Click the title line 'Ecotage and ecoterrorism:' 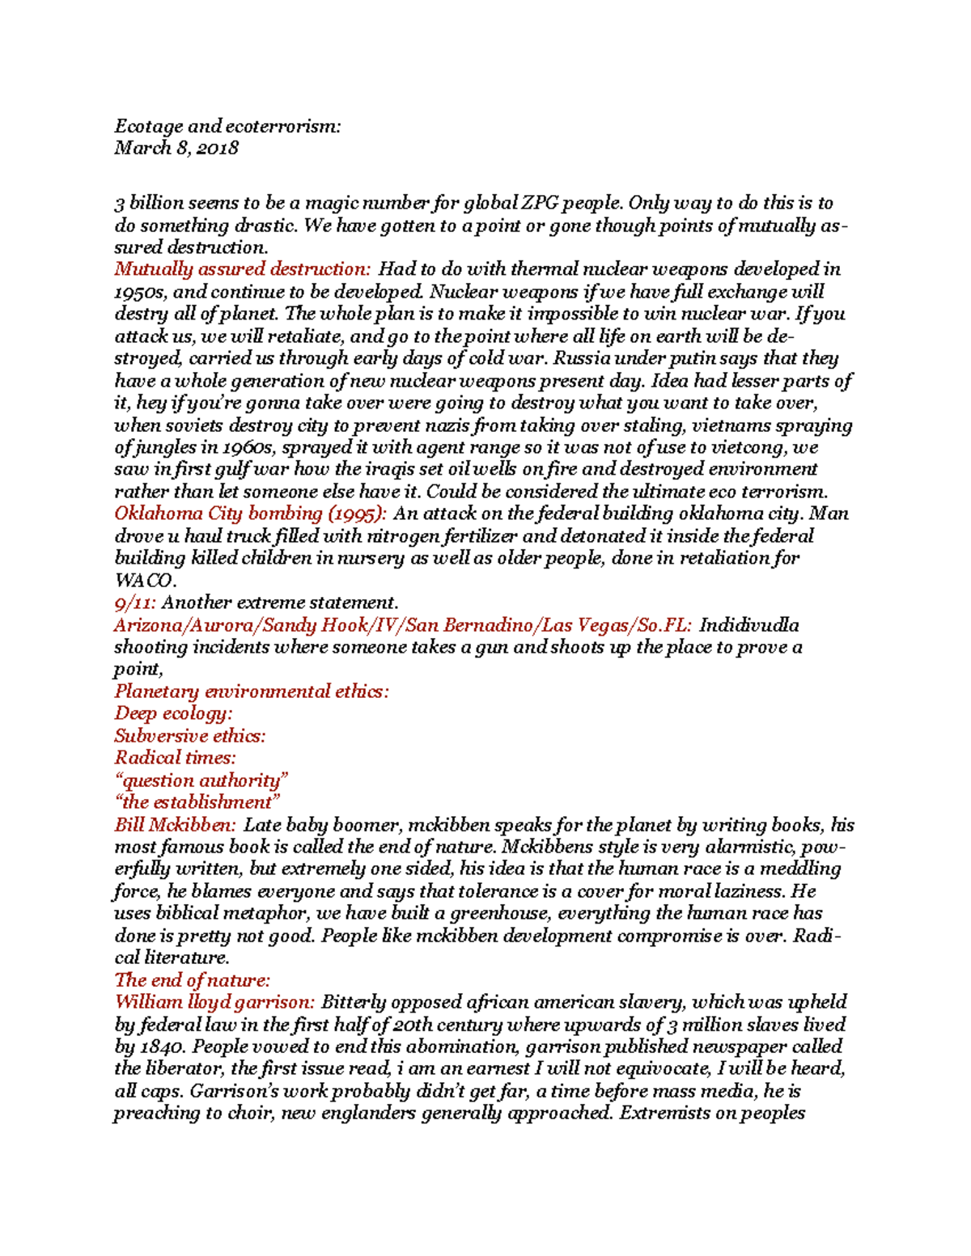pos(227,126)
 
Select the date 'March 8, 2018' pos(176,148)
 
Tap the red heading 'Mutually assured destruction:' pos(242,269)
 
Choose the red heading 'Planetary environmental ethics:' pos(251,691)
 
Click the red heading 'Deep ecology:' pos(173,713)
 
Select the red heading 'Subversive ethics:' pos(189,736)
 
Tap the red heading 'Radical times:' pos(175,758)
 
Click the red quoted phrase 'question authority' pos(201,780)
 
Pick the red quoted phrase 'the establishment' pos(197,802)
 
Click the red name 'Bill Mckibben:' pos(175,825)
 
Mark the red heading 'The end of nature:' pos(192,980)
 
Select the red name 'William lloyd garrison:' pos(214,1003)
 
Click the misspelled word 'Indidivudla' pos(748,625)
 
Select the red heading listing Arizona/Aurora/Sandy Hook pos(402,625)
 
